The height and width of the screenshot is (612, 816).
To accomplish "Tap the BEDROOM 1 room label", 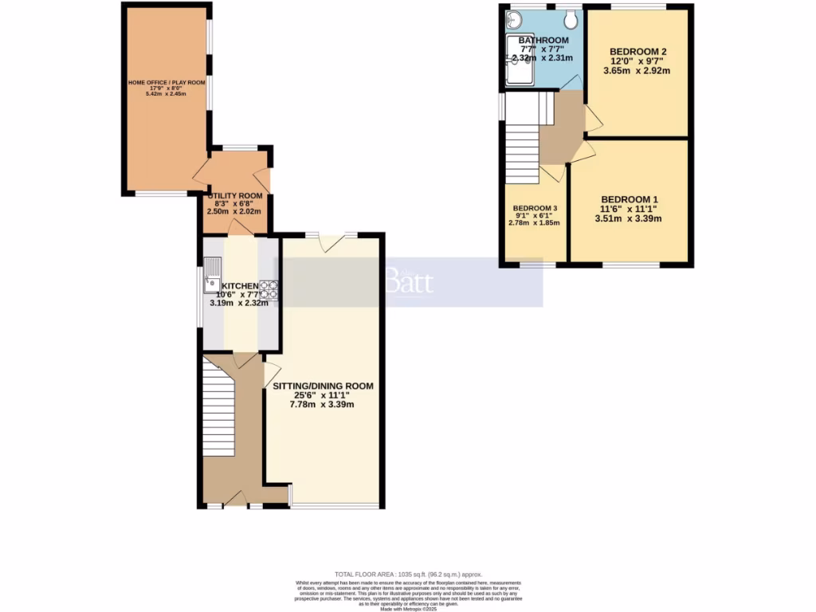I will pyautogui.click(x=630, y=199).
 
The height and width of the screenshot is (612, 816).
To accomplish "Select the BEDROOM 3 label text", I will pyautogui.click(x=535, y=208).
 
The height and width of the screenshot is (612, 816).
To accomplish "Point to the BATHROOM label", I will pyautogui.click(x=543, y=41).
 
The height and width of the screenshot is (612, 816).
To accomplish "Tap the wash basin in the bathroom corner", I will pyautogui.click(x=512, y=19).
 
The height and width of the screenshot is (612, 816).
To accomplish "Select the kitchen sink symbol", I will pyautogui.click(x=213, y=274).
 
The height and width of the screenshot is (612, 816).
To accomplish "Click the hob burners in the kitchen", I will pyautogui.click(x=269, y=289).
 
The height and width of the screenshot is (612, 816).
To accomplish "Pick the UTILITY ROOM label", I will pyautogui.click(x=235, y=196).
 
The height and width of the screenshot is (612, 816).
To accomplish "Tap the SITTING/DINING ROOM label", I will pyautogui.click(x=323, y=386).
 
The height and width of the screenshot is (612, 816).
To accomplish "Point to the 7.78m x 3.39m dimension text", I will pyautogui.click(x=323, y=405).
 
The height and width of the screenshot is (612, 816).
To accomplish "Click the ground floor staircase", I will pyautogui.click(x=218, y=406).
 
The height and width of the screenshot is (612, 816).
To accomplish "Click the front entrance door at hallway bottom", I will pyautogui.click(x=235, y=500).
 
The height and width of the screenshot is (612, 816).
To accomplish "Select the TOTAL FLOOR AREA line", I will pyautogui.click(x=408, y=575).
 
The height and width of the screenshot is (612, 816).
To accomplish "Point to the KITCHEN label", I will pyautogui.click(x=239, y=286).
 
